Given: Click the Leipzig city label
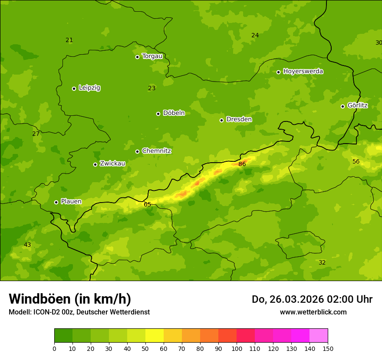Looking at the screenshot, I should [x=89, y=88].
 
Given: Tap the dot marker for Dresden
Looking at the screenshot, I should [x=221, y=120].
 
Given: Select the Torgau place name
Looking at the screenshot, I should [x=152, y=56].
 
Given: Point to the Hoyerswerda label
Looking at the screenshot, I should [x=303, y=72].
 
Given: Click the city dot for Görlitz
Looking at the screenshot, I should [x=342, y=106].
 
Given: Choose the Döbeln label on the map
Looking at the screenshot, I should [x=174, y=113].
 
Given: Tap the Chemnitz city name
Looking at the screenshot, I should [x=156, y=151].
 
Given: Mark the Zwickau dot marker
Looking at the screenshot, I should [x=95, y=164].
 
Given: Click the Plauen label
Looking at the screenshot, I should [x=71, y=202].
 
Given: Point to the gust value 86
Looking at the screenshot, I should [x=242, y=164].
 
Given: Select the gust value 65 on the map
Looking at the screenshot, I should [x=148, y=204].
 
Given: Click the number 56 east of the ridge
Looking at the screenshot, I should [x=356, y=162].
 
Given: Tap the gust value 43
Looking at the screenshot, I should [x=27, y=245].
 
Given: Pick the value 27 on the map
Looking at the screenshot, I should [x=36, y=134].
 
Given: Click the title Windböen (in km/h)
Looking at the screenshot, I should [x=70, y=299].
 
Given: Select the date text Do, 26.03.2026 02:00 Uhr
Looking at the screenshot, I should [x=312, y=299].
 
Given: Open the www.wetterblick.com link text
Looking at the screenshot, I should [x=313, y=312].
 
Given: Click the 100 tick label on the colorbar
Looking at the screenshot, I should [x=237, y=348].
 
